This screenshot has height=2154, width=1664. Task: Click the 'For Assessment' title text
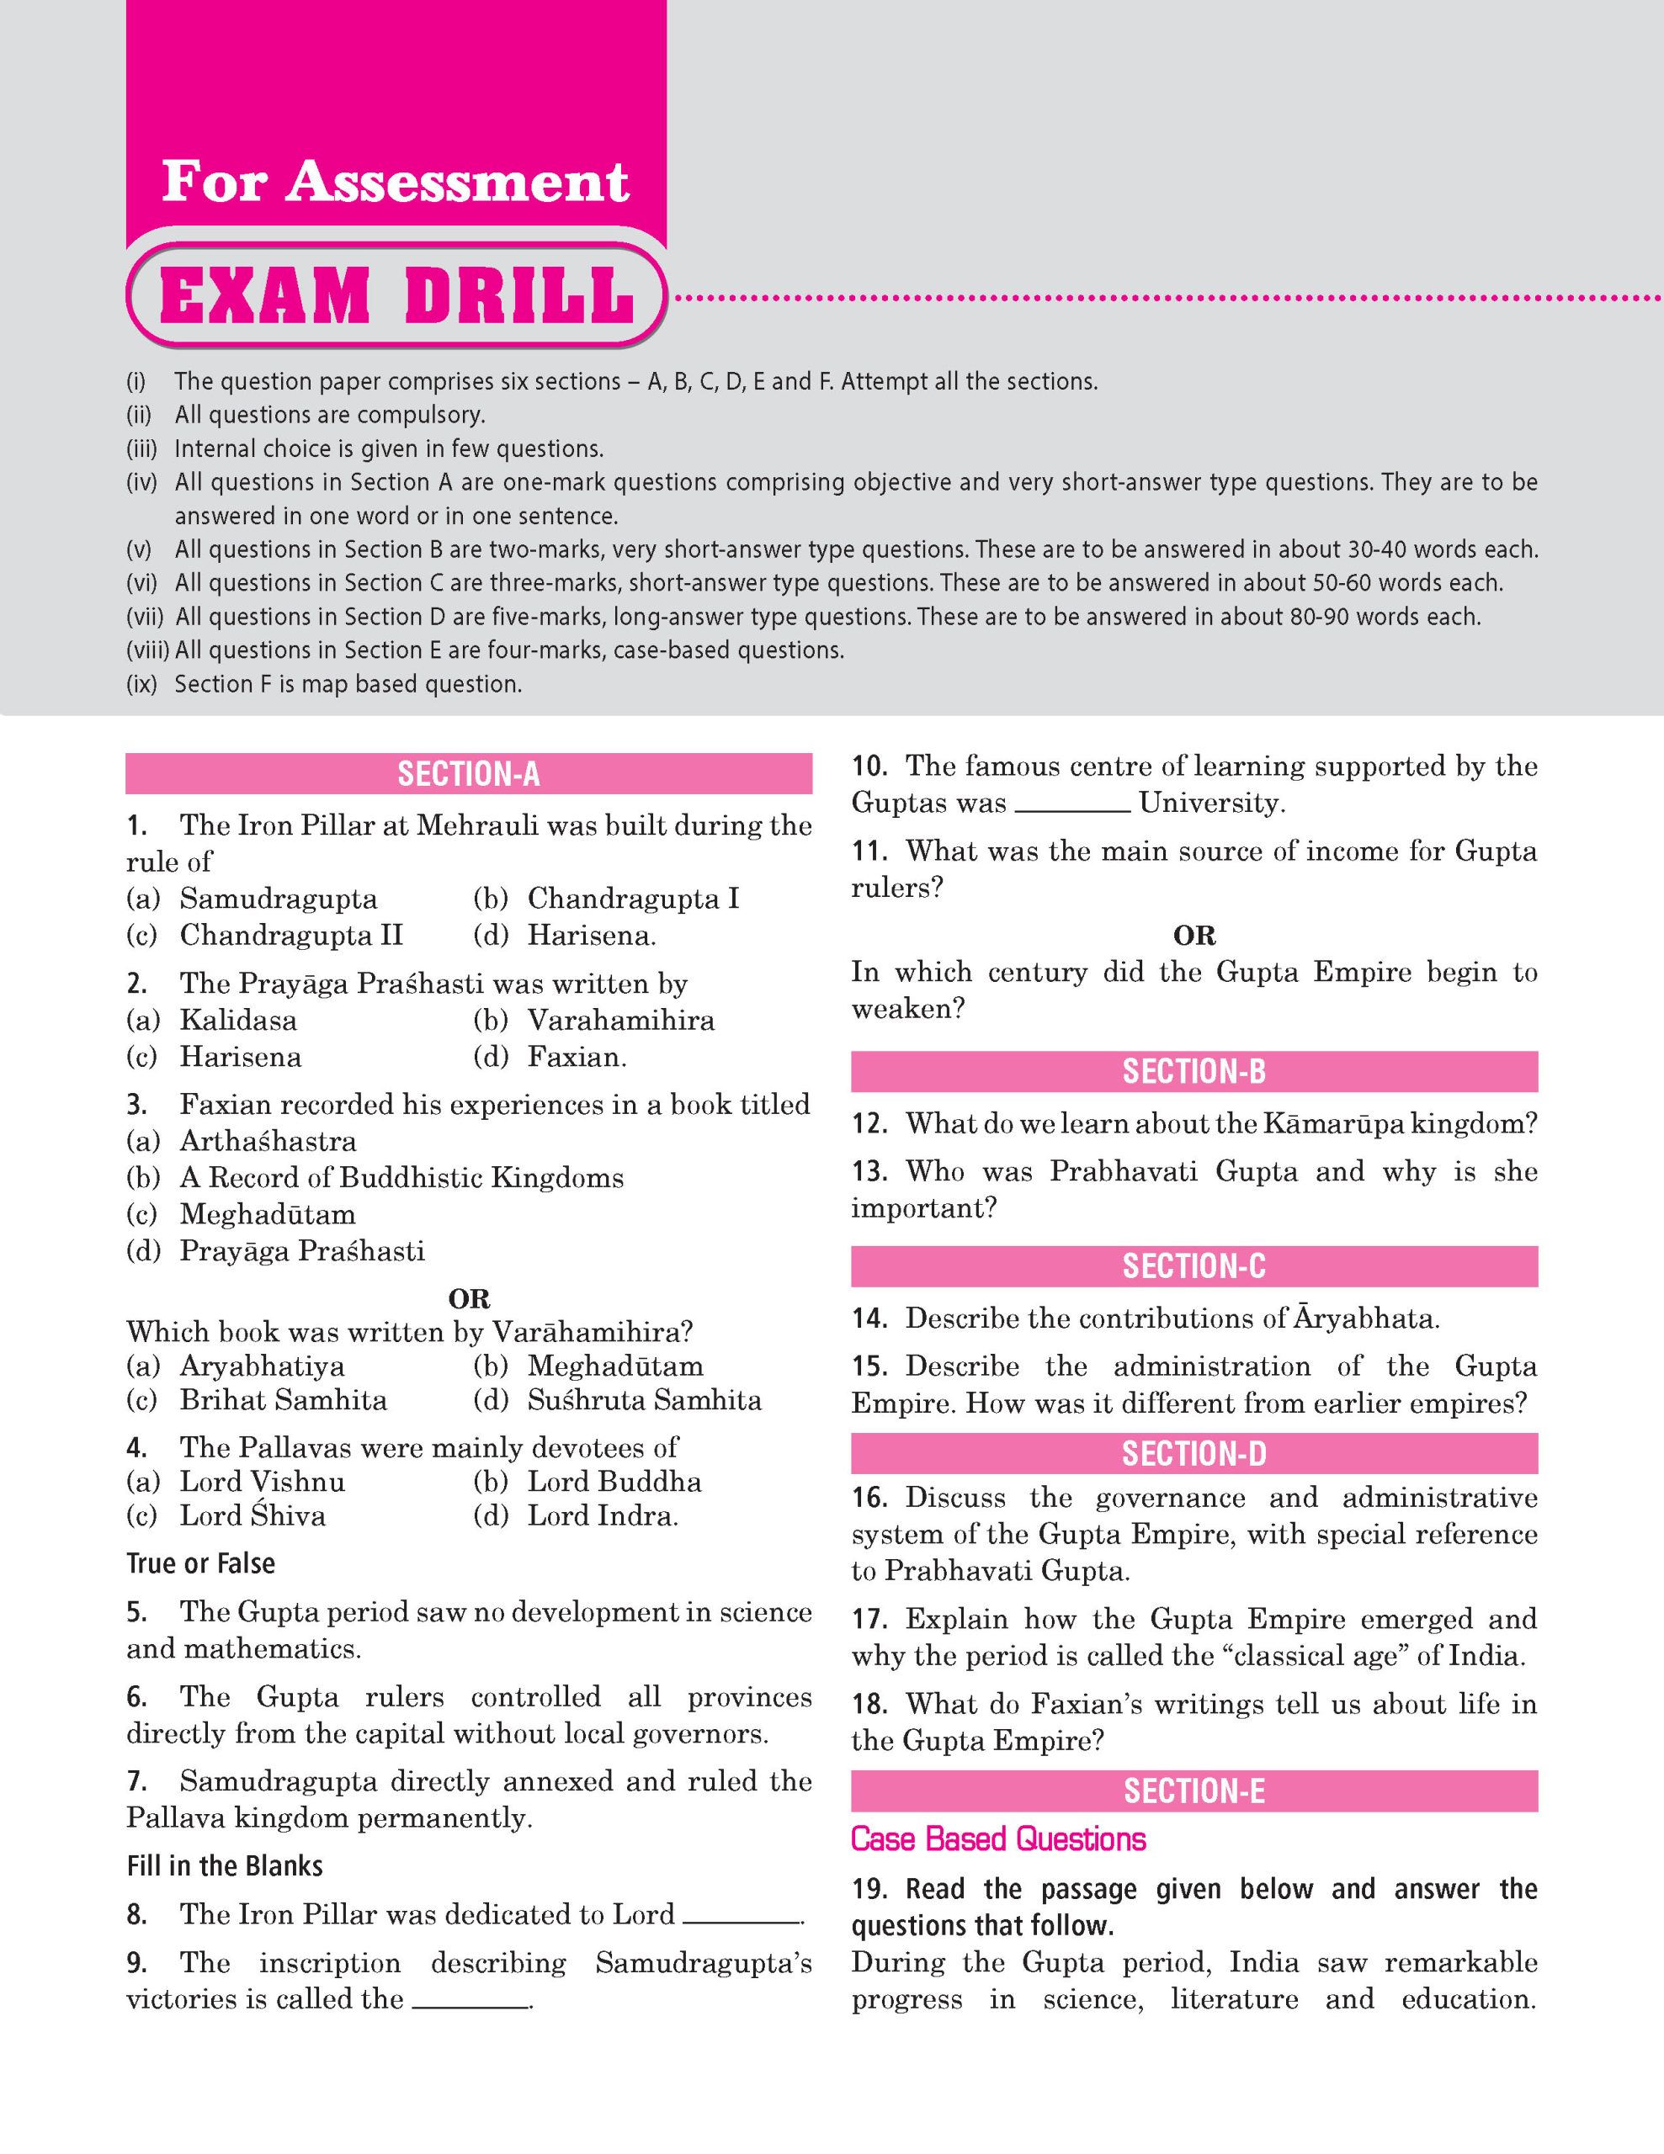point(395,182)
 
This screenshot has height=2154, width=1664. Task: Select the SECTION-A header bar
point(469,774)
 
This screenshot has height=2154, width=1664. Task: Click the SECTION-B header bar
point(1194,1071)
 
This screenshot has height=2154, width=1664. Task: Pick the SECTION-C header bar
point(1194,1266)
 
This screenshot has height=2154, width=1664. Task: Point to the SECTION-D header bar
point(1194,1454)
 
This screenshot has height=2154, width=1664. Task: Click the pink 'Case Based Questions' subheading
point(998,1839)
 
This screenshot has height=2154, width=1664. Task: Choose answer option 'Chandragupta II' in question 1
point(291,935)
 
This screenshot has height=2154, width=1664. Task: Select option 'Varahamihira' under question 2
point(620,1020)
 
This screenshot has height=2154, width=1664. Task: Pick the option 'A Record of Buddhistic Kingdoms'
point(401,1178)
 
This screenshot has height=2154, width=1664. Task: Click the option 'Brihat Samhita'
point(283,1400)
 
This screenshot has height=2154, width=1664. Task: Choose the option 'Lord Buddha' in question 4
point(614,1482)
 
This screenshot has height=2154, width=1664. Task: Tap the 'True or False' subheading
point(201,1563)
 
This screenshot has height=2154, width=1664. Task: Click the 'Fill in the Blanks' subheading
point(225,1866)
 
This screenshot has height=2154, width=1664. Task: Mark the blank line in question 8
point(741,1921)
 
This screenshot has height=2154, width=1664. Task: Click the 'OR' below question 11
point(1194,935)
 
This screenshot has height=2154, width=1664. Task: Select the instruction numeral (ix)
point(142,684)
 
